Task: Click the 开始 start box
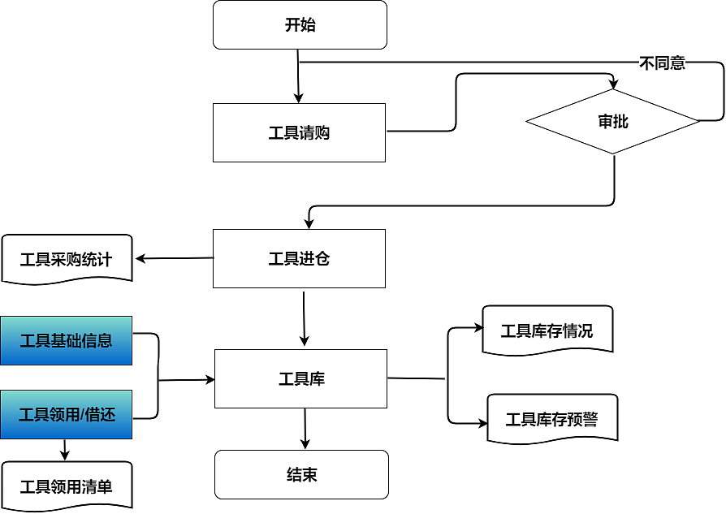point(300,24)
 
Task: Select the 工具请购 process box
point(299,132)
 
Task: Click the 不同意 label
point(662,63)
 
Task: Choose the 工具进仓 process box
point(299,258)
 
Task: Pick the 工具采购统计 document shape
point(67,259)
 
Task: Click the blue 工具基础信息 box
point(66,340)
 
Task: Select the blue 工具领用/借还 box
point(66,414)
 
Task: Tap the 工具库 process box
point(300,378)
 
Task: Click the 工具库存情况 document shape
point(547,330)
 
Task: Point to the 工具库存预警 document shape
point(551,419)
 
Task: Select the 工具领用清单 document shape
point(66,486)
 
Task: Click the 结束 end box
point(301,474)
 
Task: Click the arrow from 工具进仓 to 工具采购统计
point(174,259)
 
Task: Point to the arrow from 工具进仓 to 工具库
point(304,318)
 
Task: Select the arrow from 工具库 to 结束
point(305,429)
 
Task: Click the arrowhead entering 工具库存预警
point(482,423)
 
